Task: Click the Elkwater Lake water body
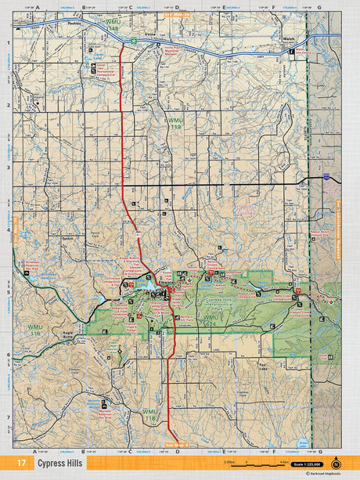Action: [148, 288]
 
